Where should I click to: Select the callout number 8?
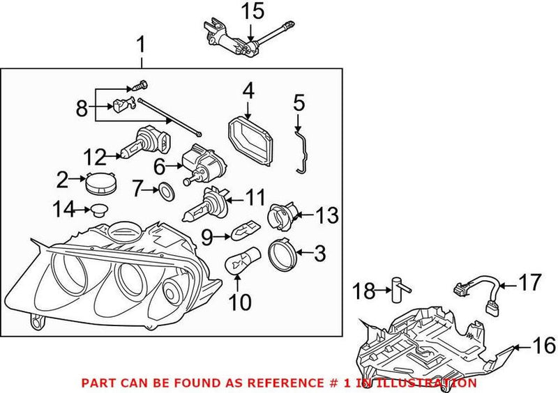click(x=82, y=108)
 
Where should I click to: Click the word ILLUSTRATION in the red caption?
click(x=432, y=383)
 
